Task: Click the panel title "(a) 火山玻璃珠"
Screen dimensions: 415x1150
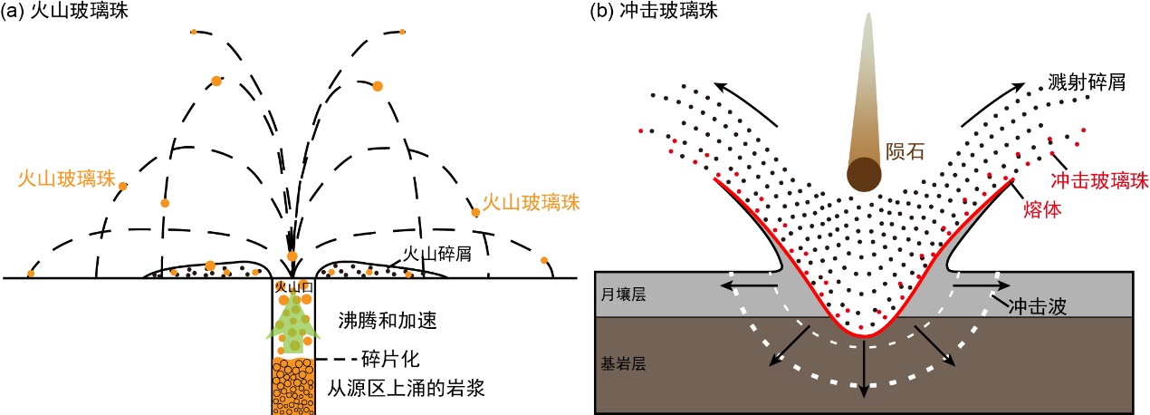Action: tap(57, 12)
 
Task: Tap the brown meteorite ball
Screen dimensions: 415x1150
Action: tap(865, 172)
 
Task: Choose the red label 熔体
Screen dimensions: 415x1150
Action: tap(1040, 208)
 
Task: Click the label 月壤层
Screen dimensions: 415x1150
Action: tap(625, 295)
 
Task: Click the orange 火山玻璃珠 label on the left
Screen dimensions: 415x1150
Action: tap(66, 179)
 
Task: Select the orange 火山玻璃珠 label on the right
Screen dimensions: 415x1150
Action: tap(531, 202)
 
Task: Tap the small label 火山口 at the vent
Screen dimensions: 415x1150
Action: tap(292, 288)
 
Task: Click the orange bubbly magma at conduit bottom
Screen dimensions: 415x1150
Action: tap(292, 385)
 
